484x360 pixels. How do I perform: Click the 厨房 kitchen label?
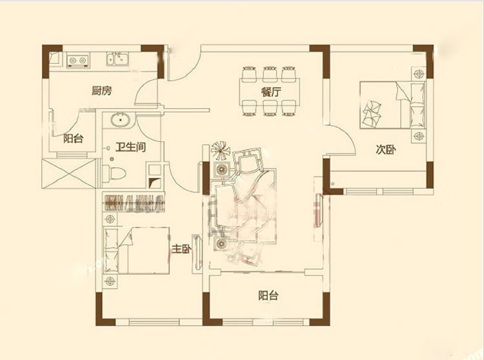101,91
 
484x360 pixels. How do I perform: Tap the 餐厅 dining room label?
270,92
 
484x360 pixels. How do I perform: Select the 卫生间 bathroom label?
130,147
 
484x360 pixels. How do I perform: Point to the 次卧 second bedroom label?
386,150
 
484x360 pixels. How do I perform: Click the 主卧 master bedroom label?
181,248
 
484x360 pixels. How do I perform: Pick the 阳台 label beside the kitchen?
74,139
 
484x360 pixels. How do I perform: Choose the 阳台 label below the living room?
268,295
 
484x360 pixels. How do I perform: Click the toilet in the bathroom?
114,174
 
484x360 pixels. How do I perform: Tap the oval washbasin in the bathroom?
121,120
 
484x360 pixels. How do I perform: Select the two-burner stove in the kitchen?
78,61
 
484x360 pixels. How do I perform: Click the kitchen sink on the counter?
118,59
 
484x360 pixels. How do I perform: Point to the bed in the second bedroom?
392,105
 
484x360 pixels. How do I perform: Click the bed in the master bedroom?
136,250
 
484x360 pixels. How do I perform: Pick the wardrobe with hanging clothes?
134,203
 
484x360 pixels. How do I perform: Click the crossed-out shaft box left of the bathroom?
68,174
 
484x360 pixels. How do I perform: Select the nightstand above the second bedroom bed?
419,74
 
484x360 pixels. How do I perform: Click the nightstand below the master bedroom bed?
110,281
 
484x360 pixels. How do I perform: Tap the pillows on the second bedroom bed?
372,113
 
